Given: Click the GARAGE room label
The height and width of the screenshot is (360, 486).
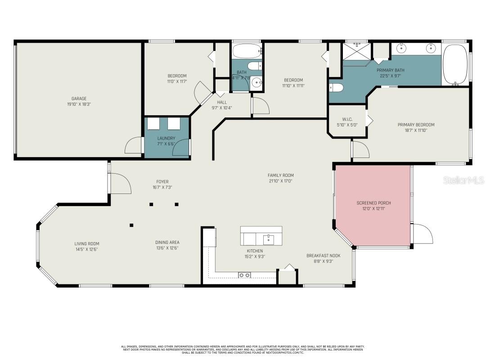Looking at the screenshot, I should click(x=79, y=99).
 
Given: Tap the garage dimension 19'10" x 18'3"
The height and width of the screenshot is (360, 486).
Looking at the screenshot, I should click(x=79, y=104).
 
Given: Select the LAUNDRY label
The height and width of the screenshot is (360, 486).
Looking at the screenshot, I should click(x=166, y=138).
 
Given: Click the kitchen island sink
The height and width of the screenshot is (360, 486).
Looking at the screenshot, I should click(x=269, y=238).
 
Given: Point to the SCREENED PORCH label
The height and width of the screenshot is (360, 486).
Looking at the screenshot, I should click(x=373, y=203).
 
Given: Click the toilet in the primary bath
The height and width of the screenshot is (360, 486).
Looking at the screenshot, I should click(x=337, y=87).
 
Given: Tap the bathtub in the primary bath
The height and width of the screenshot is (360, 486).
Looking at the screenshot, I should click(x=455, y=64).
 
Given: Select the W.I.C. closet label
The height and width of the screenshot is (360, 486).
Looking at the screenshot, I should click(x=347, y=119).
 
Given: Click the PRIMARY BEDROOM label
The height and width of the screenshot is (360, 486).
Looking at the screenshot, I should click(x=416, y=125).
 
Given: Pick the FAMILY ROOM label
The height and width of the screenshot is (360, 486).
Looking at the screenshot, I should click(x=280, y=175).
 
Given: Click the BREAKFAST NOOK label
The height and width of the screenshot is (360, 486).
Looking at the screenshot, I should click(x=324, y=255).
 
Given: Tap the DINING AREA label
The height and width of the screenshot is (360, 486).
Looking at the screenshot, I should click(x=167, y=242).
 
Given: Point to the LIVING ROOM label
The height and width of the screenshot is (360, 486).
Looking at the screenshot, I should click(x=86, y=243).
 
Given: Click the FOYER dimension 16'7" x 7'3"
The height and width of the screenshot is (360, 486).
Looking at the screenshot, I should click(x=162, y=187).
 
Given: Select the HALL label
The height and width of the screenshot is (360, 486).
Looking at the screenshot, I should click(x=222, y=102).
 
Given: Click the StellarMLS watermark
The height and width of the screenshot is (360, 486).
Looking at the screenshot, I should click(x=463, y=180).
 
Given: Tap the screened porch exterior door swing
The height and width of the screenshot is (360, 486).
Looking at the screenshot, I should click(x=422, y=233).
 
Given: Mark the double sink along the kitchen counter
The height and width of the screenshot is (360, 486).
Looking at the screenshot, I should click(x=245, y=274).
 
